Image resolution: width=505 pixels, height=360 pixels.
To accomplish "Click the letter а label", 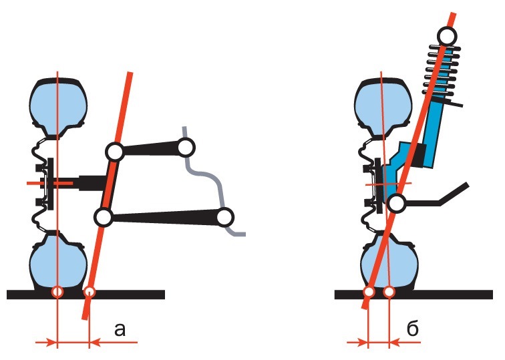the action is (120, 329).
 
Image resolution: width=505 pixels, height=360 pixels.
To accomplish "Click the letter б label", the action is (413, 328).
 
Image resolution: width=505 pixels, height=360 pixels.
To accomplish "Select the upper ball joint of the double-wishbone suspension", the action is (115, 152).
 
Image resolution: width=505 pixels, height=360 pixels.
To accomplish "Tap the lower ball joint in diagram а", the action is (103, 217).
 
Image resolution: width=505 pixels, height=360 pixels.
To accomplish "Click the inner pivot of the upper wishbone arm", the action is (186, 147).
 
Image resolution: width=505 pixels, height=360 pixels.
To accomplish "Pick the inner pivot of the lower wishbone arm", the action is (224, 217).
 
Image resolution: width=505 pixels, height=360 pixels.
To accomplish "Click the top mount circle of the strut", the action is (448, 36).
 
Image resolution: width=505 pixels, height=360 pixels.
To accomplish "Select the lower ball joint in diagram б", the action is (397, 204).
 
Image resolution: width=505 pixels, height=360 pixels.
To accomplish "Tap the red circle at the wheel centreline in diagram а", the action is (57, 293).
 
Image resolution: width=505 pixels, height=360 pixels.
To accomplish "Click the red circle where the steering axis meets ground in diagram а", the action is (90, 293).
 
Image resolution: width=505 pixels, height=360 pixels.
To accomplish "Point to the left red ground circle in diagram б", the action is (369, 293).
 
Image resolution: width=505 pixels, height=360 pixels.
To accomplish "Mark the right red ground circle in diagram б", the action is (389, 293).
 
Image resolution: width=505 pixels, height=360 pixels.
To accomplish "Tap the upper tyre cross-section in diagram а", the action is (58, 106).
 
